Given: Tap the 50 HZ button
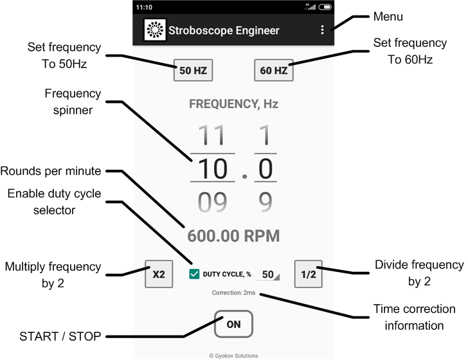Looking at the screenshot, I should pyautogui.click(x=193, y=71).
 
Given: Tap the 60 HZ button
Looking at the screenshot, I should pyautogui.click(x=273, y=71).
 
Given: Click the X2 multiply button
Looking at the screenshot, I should pyautogui.click(x=159, y=274).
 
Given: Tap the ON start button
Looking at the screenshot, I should pyautogui.click(x=233, y=325).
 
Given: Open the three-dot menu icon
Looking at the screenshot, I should pyautogui.click(x=322, y=30).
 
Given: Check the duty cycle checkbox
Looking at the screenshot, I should pyautogui.click(x=194, y=274).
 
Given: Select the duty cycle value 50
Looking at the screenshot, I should pyautogui.click(x=269, y=274).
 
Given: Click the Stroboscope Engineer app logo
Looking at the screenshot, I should pyautogui.click(x=154, y=30).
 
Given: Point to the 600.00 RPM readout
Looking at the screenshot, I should pyautogui.click(x=233, y=235).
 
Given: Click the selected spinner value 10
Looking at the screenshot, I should pyautogui.click(x=212, y=169).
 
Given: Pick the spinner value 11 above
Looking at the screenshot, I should pyautogui.click(x=212, y=136).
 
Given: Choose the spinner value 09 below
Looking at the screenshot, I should pyautogui.click(x=212, y=203).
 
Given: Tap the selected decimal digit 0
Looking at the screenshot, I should pyautogui.click(x=265, y=169).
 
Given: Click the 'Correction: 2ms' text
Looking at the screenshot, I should pyautogui.click(x=233, y=293).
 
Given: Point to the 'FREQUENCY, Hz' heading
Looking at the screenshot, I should pyautogui.click(x=233, y=104).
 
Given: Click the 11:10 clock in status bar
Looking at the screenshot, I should pyautogui.click(x=145, y=7).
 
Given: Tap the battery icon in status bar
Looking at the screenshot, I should pyautogui.click(x=325, y=7).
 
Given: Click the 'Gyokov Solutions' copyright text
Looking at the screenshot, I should pyautogui.click(x=233, y=355).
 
